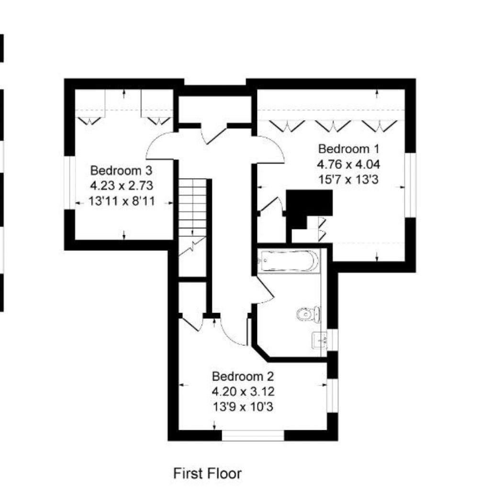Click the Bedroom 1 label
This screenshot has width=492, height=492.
(348, 148)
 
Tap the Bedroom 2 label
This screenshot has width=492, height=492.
(243, 376)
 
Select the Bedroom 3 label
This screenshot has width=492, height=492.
(122, 170)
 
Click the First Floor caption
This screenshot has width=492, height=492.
(207, 473)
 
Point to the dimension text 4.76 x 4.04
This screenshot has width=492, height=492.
(348, 164)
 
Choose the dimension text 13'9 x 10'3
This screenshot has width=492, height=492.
(243, 407)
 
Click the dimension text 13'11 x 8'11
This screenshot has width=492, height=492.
(122, 201)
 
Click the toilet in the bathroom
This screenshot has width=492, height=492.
(308, 314)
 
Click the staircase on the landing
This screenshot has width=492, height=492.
(193, 211)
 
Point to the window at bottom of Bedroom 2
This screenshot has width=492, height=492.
(253, 435)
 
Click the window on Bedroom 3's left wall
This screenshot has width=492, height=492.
(70, 182)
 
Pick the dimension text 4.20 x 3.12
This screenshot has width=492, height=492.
(243, 391)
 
